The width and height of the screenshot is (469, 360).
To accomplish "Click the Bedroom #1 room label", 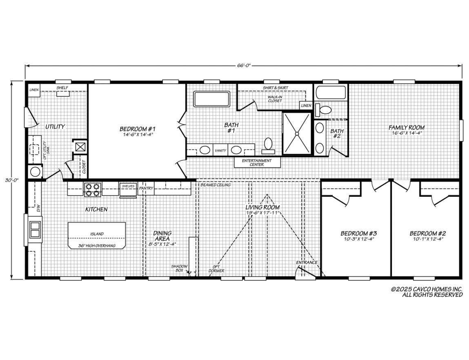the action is tap(138, 129).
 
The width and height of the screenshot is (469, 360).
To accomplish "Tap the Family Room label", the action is tap(407, 127).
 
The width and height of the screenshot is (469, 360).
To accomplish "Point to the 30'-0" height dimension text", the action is tap(12, 180).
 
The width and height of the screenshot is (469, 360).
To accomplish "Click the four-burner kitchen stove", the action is tap(92, 189).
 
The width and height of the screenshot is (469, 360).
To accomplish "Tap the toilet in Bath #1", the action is tap(268, 144).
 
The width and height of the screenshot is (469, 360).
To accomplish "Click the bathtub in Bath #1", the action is tap(212, 99).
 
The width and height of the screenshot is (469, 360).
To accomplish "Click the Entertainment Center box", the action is tap(257, 162).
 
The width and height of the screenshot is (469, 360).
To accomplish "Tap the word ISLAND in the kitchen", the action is tap(97, 234).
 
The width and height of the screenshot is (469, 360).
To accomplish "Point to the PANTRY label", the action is tap(146, 189).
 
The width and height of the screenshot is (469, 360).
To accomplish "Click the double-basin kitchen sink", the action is tap(35, 229).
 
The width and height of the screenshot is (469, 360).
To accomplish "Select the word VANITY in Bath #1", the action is tap(220, 151).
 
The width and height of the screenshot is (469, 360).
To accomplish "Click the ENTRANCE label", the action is tap(307, 262).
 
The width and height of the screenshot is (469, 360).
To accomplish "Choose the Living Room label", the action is tap(262, 207).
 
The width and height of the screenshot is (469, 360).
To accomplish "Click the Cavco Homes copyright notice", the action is tap(427, 292).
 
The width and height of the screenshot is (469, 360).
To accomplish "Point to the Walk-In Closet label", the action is tap(275, 99).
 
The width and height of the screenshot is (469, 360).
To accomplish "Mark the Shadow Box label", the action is tap(179, 268).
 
